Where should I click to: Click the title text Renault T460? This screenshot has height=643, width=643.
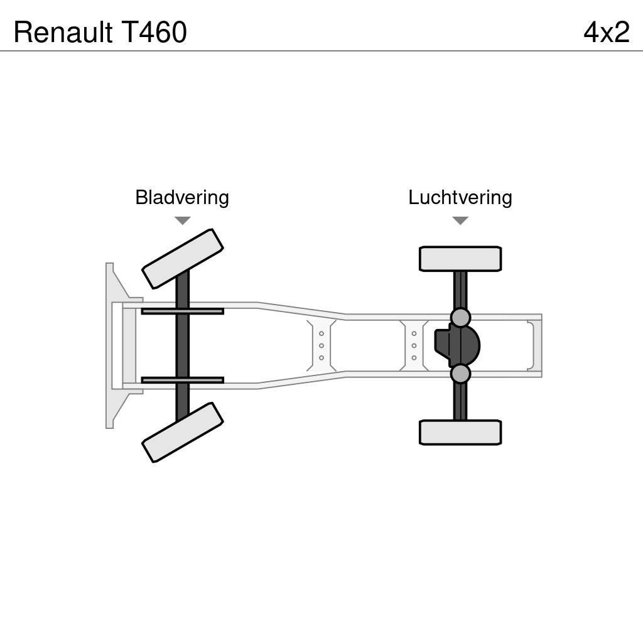(100, 33)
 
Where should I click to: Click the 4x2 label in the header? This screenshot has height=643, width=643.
(606, 33)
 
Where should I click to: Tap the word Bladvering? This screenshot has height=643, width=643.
(182, 198)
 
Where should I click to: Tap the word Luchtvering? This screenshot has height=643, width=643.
(460, 198)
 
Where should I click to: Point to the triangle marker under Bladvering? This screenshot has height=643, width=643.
(182, 220)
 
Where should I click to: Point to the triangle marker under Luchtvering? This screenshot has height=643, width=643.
(460, 220)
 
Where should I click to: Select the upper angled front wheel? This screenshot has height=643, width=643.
(183, 258)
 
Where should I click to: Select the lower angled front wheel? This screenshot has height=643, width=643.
(183, 432)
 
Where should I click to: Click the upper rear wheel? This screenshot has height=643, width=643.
(460, 259)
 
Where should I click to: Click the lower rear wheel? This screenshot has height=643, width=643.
(460, 432)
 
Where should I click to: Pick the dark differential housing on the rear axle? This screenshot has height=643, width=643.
(458, 345)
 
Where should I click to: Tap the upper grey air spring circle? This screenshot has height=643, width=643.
(460, 318)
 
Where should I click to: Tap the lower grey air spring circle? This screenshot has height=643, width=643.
(460, 374)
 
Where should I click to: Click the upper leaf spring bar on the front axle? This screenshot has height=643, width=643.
(182, 311)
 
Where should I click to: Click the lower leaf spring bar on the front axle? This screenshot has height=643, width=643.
(182, 380)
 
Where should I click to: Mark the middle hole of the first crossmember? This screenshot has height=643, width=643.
(321, 345)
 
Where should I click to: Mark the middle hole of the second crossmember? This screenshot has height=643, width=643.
(414, 345)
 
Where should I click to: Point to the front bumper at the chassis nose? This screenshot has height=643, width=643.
(111, 345)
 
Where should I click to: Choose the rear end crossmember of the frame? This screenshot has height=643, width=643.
(533, 345)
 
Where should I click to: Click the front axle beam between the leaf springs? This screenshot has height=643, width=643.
(182, 345)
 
